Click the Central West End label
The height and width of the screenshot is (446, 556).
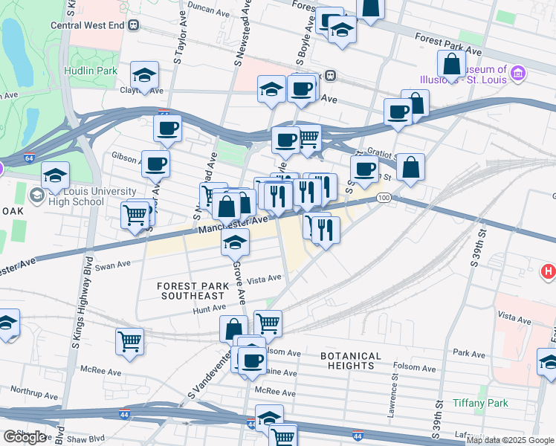tap(87, 25)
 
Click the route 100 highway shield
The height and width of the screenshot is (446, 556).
tap(383, 197)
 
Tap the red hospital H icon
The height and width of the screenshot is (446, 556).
tap(548, 272)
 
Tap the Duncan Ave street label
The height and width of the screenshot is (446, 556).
tap(209, 11)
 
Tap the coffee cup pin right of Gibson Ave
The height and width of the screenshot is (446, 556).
tap(155, 163)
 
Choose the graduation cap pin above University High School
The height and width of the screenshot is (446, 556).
tap(55, 175)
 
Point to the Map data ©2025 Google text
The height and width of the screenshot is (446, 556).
tap(510, 440)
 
